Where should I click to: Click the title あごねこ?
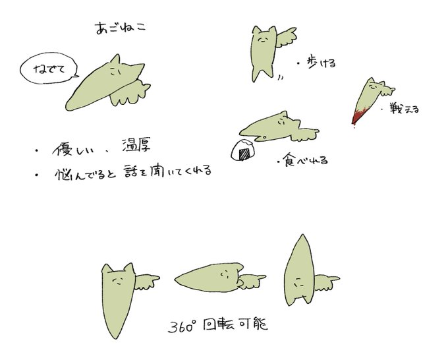pyautogui.click(x=121, y=28)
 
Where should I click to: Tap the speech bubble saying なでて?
pyautogui.click(x=49, y=69)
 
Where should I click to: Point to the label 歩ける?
pyautogui.click(x=322, y=63)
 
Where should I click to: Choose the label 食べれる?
pyautogui.click(x=305, y=160)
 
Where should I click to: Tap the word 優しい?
pyautogui.click(x=74, y=149)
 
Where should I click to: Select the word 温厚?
pyautogui.click(x=136, y=145)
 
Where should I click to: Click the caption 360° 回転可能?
pyautogui.click(x=217, y=326)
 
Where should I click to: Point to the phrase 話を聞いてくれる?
pyautogui.click(x=168, y=171)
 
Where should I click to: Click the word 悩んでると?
pyautogui.click(x=85, y=174)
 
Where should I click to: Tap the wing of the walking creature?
pyautogui.click(x=286, y=38)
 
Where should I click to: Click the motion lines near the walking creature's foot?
pyautogui.click(x=281, y=78)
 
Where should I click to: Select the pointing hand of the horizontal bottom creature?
pyautogui.click(x=251, y=281)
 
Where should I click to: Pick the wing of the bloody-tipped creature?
pyautogui.click(x=386, y=90)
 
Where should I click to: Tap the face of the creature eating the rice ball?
pyautogui.click(x=282, y=122)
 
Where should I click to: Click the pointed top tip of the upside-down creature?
pyautogui.click(x=302, y=235)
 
